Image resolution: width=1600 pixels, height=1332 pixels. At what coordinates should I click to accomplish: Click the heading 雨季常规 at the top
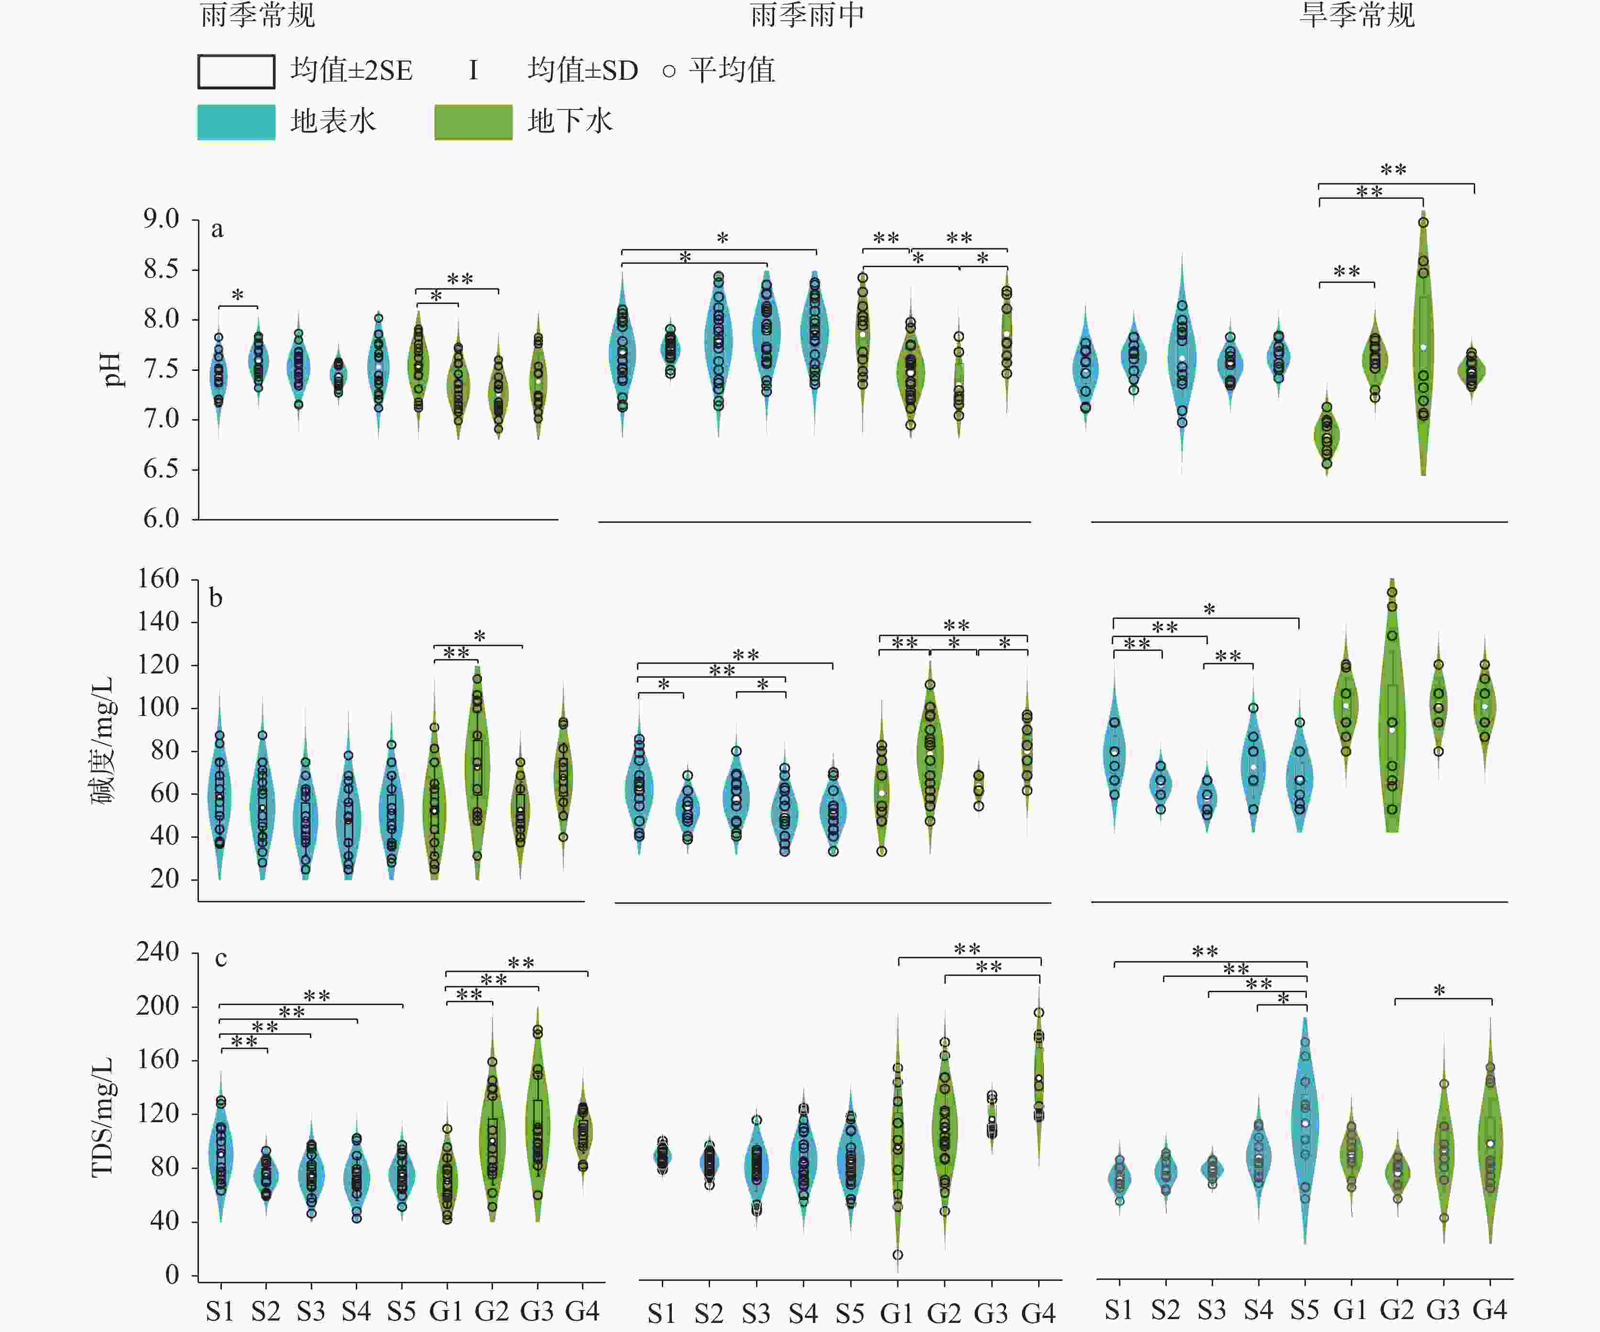click(258, 15)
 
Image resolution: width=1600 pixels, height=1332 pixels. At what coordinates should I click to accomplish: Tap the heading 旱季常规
click(1357, 15)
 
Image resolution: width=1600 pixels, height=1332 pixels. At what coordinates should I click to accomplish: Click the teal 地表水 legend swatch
click(236, 122)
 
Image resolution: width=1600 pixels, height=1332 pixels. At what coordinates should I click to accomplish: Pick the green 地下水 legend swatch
click(473, 122)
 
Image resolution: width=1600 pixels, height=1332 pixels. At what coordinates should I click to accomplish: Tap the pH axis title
click(111, 370)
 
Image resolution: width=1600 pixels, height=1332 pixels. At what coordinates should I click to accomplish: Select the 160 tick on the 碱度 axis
click(158, 579)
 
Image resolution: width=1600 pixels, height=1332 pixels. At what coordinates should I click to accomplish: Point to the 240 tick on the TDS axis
click(158, 952)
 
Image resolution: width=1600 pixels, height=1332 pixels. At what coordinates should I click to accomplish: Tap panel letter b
click(217, 598)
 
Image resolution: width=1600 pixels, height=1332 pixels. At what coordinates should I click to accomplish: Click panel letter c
click(221, 958)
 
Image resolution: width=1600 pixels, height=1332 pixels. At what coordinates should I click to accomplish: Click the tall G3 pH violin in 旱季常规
click(1423, 343)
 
